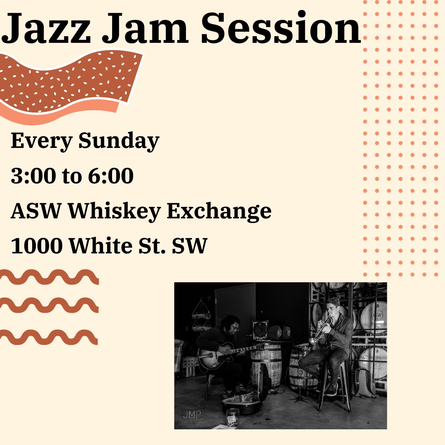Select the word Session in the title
(281, 28)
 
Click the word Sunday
(119, 141)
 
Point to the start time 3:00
(33, 176)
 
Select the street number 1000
(37, 246)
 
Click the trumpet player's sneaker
(332, 389)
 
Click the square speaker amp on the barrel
(260, 330)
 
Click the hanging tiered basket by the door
(201, 316)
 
